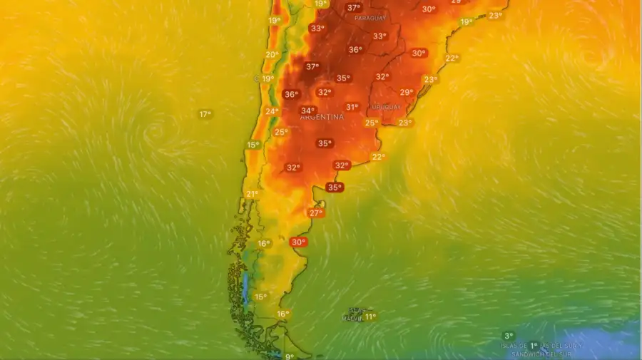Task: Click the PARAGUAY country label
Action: (x=370, y=18)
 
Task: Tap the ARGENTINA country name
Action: (x=322, y=117)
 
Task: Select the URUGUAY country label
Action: (x=386, y=107)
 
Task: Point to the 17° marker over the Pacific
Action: (x=205, y=114)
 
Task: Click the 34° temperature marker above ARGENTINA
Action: (x=307, y=110)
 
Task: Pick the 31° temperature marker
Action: (x=352, y=107)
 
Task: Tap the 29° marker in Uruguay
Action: (x=406, y=92)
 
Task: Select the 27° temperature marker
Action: (x=316, y=212)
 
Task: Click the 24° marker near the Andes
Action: (x=272, y=111)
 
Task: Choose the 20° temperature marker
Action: (x=272, y=54)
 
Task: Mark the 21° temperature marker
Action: (x=252, y=193)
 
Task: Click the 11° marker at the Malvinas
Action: (x=369, y=316)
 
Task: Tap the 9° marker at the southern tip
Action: (x=289, y=356)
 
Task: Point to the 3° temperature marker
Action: (x=508, y=336)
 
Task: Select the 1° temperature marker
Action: (x=533, y=346)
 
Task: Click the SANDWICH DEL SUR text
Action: (x=541, y=354)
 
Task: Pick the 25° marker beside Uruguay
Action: (x=371, y=123)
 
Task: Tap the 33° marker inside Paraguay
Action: (x=379, y=36)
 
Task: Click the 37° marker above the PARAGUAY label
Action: (x=353, y=7)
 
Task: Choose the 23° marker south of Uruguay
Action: (x=404, y=123)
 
